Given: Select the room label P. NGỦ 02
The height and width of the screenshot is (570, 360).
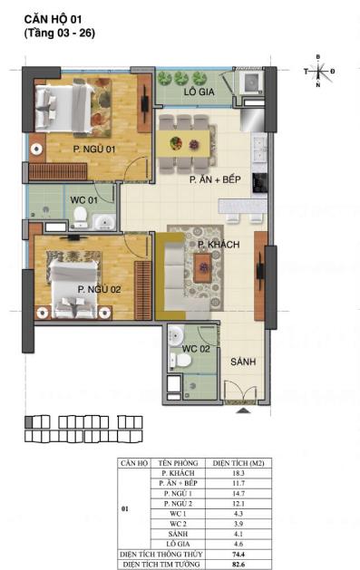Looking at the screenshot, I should tap(99, 289).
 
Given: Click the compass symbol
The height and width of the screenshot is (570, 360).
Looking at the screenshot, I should tap(318, 71).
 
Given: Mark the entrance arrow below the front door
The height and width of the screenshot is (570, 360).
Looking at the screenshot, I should tap(242, 410).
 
